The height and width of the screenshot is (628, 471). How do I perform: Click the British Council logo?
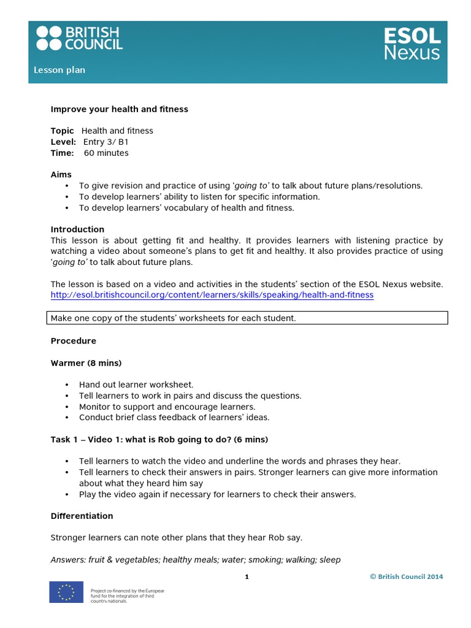tap(79, 38)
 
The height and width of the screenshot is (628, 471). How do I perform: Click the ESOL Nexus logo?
tap(412, 43)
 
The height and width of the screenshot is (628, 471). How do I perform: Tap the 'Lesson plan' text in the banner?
tap(59, 70)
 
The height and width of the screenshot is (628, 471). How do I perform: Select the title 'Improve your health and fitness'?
tap(119, 109)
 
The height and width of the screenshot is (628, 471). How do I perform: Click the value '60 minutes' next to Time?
tap(106, 153)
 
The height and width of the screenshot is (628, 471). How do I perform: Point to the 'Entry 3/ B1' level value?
tap(109, 142)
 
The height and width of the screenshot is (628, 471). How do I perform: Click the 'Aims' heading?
tap(61, 175)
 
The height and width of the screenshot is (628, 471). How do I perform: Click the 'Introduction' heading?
tap(77, 229)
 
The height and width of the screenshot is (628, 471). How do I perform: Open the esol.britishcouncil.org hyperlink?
tap(212, 295)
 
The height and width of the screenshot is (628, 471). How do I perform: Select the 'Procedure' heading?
tap(73, 340)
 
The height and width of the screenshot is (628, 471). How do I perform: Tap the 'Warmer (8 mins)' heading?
tap(86, 363)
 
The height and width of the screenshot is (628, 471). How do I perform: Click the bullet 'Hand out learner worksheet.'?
tap(136, 385)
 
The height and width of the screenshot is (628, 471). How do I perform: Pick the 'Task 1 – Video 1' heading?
tap(159, 440)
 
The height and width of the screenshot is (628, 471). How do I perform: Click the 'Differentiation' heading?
tap(82, 516)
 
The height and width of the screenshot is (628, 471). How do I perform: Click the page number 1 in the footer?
tap(247, 576)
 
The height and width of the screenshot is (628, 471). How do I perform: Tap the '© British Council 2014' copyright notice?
tap(406, 576)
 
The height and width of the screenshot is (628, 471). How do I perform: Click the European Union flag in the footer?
tap(66, 592)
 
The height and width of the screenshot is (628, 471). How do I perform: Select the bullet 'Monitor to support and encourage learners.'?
tap(167, 407)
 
